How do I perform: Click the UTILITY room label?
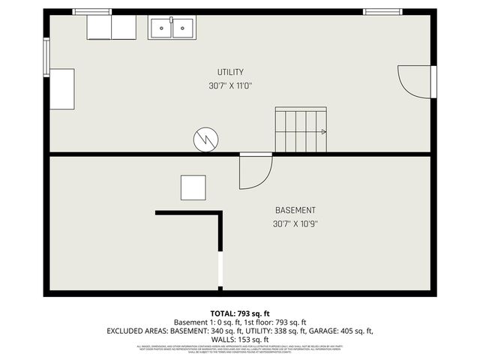(230, 72)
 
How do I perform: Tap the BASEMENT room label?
(295, 210)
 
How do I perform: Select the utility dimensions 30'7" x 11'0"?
(230, 85)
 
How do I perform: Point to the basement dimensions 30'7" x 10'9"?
(295, 223)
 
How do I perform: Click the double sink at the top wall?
(172, 28)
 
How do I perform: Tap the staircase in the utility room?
(300, 130)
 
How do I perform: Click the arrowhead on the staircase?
(323, 131)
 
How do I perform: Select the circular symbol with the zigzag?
(205, 139)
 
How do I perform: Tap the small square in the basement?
(193, 187)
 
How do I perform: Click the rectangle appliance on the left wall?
(61, 89)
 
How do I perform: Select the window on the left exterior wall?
(46, 58)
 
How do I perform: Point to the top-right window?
(382, 12)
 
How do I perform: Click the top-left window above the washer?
(91, 12)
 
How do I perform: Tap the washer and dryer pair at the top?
(112, 27)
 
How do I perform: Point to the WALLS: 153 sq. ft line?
(240, 339)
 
